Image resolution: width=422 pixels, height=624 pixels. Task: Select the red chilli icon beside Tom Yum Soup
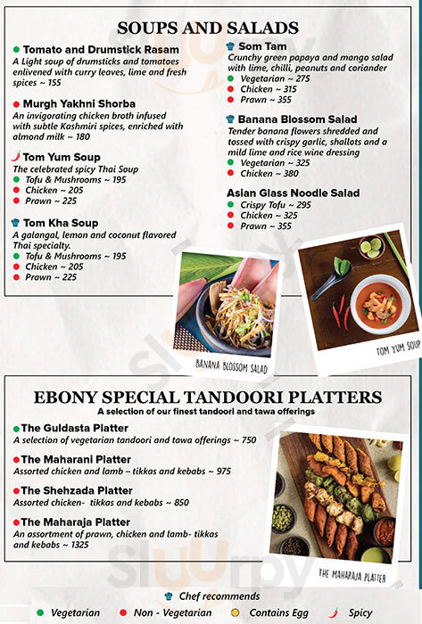16,156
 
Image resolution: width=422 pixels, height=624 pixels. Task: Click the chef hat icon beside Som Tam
230,46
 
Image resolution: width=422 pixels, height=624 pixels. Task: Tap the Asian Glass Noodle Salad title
293,193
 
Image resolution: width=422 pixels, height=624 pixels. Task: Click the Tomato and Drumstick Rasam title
101,49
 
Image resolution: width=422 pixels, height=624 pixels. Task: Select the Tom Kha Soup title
61,223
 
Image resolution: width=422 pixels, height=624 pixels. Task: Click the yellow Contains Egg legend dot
236,612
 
